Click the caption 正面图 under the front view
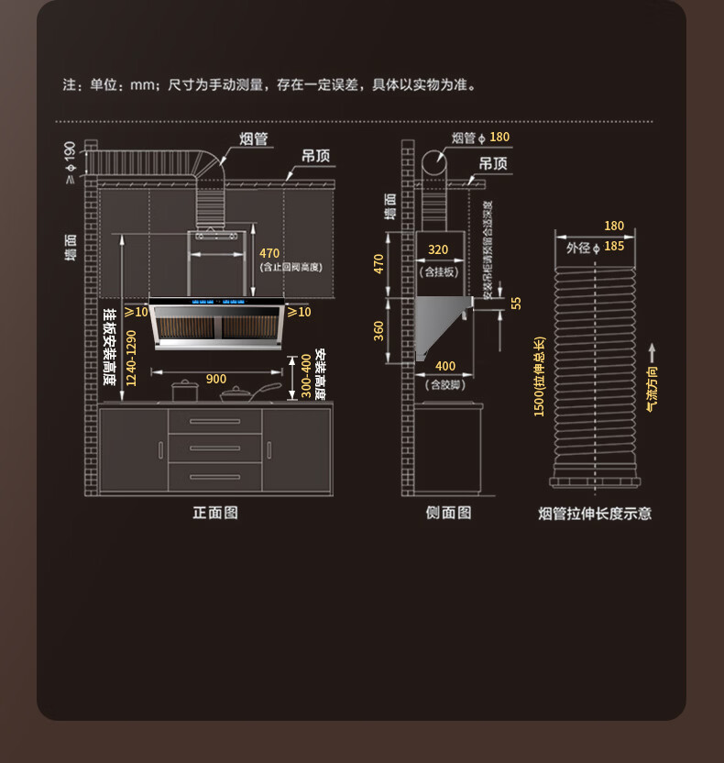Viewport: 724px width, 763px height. [x=215, y=513]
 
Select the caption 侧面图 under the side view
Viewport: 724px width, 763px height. [x=448, y=513]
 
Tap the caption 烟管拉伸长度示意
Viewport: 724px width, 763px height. [x=595, y=514]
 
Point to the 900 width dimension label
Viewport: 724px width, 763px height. [x=216, y=379]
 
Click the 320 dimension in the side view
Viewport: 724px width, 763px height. [x=438, y=249]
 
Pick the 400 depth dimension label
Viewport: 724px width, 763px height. [x=444, y=367]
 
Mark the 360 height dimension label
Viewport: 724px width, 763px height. [x=378, y=330]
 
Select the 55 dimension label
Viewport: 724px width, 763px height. [x=516, y=303]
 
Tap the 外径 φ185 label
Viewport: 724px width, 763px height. [x=595, y=247]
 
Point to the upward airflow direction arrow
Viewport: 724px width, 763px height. [x=651, y=353]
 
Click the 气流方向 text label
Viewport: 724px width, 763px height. [x=652, y=389]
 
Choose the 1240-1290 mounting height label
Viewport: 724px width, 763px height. [x=130, y=358]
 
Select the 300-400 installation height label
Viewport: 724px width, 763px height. [x=306, y=376]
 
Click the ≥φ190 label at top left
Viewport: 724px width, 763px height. [x=70, y=162]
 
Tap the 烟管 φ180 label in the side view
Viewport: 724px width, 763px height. [x=480, y=138]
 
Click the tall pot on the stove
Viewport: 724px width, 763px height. [x=184, y=391]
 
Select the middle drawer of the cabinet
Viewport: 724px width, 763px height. [x=214, y=448]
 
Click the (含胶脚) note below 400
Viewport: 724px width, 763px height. [x=444, y=385]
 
